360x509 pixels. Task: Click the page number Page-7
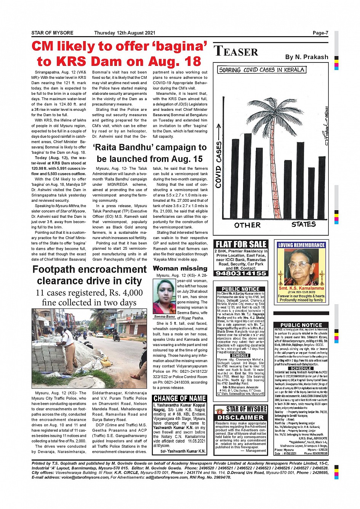(x=320, y=33)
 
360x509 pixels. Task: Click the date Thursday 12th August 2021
(x=125, y=33)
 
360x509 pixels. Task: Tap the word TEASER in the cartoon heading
(x=236, y=51)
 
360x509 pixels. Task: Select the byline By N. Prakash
(x=306, y=57)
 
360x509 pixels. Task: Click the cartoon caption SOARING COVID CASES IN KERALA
(x=262, y=70)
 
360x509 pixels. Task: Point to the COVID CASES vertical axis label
(x=219, y=164)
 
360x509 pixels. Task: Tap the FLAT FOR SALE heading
(x=241, y=244)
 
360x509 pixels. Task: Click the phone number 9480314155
(x=240, y=273)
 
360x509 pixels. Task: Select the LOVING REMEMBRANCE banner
(x=301, y=245)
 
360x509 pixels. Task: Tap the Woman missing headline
(x=180, y=268)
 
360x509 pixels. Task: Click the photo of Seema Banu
(x=164, y=297)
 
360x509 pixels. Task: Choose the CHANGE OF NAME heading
(x=179, y=398)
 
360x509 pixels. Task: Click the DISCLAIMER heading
(x=241, y=417)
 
